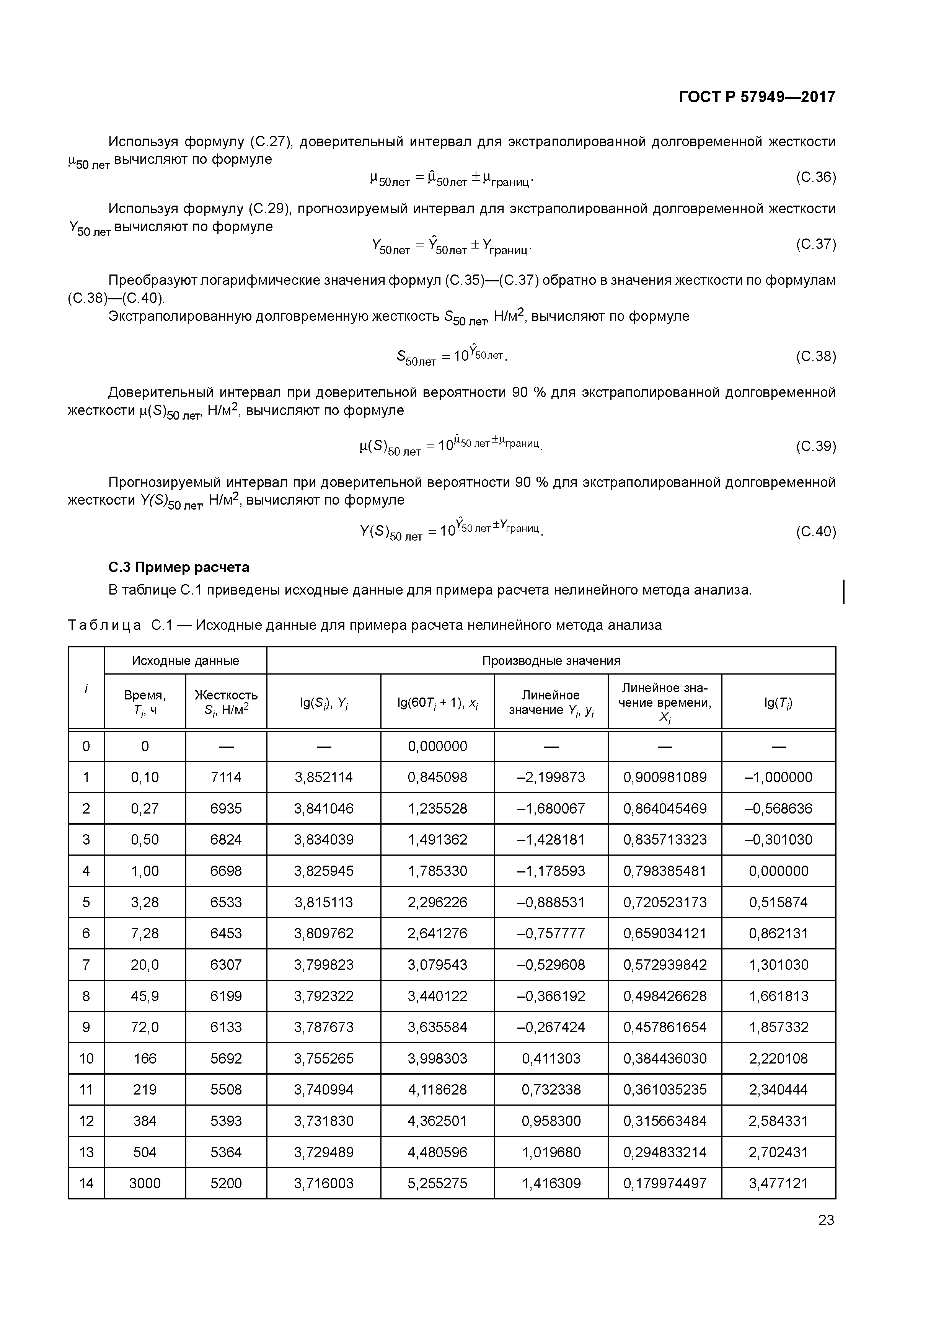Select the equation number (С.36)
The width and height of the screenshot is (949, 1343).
(x=816, y=177)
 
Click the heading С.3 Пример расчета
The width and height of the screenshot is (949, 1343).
(x=179, y=567)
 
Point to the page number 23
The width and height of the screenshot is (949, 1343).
(x=826, y=1220)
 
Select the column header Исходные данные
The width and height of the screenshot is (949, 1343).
(x=185, y=660)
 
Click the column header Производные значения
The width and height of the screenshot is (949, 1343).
(x=551, y=660)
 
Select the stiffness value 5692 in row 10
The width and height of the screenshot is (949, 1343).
(x=226, y=1058)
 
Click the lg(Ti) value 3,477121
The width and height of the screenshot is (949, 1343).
(x=778, y=1183)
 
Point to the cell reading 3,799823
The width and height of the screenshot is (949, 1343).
(x=323, y=964)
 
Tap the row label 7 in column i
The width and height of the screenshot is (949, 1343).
(x=86, y=964)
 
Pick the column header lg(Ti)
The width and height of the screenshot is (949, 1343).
(x=778, y=702)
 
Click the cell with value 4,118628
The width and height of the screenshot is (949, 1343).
(x=437, y=1089)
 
